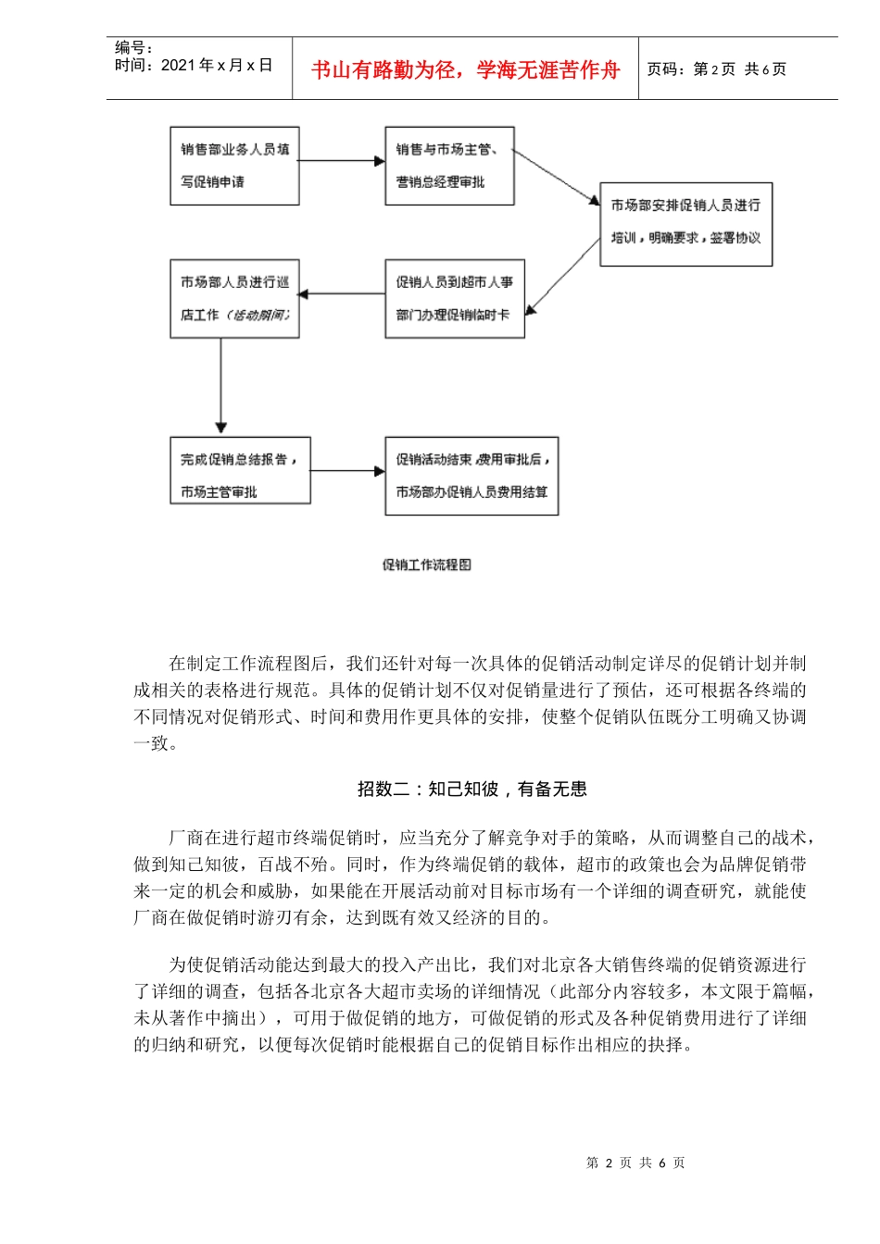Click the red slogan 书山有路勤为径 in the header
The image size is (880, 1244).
click(465, 69)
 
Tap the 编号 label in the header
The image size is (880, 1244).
click(134, 47)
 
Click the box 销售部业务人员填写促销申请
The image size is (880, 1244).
click(234, 166)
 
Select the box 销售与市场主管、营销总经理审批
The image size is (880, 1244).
click(449, 166)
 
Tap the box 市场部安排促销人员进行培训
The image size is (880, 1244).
click(685, 224)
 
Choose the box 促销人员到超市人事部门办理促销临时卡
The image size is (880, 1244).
click(455, 298)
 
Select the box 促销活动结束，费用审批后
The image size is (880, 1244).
click(471, 476)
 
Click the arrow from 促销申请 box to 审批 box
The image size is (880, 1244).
click(342, 161)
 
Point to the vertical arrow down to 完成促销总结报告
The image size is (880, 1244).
click(220, 387)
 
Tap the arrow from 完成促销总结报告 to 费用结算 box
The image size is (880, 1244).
click(347, 471)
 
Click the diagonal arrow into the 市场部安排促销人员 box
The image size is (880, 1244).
click(557, 177)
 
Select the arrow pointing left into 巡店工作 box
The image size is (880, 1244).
click(342, 294)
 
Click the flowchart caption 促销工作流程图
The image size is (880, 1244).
click(427, 565)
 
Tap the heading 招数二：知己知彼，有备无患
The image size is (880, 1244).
click(472, 789)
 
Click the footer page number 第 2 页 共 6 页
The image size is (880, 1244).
click(635, 1163)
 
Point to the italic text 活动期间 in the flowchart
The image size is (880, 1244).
click(258, 315)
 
